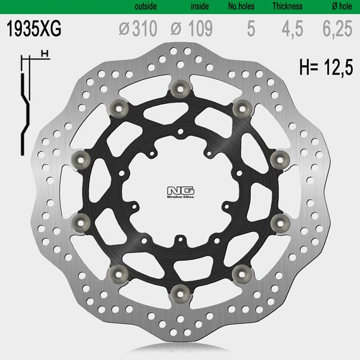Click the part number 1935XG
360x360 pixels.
tap(34, 28)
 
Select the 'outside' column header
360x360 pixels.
tap(146, 6)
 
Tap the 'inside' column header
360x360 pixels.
tap(200, 6)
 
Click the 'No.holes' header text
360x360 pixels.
tap(241, 6)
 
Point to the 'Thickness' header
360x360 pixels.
tap(287, 6)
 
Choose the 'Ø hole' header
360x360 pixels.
tap(342, 6)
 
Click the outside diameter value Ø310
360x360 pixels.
tap(138, 28)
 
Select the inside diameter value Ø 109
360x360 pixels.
tap(192, 28)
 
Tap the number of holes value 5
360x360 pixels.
tap(251, 28)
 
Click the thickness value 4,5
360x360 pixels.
tap(293, 29)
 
